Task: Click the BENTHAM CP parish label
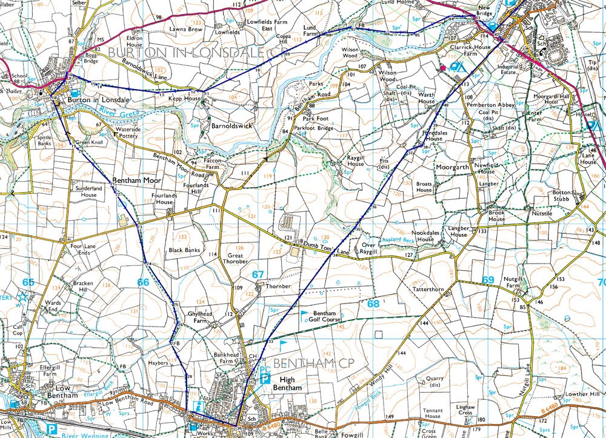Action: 305,363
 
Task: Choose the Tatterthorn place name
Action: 428,290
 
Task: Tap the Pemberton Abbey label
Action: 490,105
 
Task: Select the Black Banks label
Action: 184,250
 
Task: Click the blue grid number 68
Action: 373,303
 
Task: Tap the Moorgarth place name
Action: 451,166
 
